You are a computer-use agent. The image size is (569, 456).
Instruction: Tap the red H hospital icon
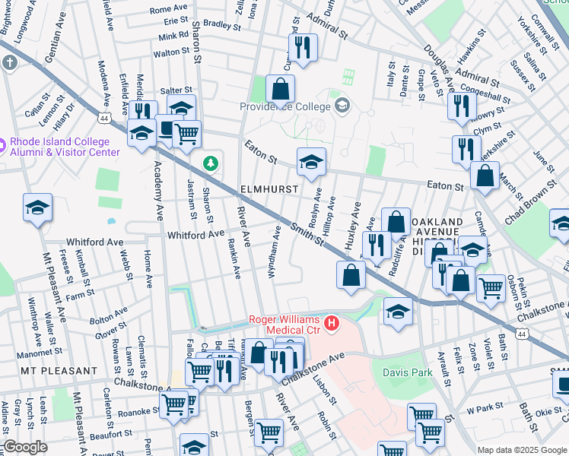tap(332, 325)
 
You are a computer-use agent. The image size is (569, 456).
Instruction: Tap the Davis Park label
tap(406, 372)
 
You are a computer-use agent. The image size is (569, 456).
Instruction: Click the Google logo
tap(25, 447)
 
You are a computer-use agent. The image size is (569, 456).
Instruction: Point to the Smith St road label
tap(307, 235)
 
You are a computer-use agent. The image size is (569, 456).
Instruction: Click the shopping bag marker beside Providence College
tap(281, 89)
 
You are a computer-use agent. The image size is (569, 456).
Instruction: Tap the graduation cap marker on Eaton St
tap(310, 162)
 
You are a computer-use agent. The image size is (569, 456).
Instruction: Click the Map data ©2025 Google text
tap(521, 450)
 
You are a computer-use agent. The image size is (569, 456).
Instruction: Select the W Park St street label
tap(482, 409)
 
